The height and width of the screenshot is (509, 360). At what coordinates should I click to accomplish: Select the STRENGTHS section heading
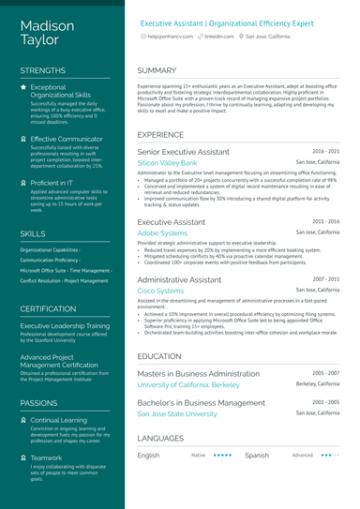(42, 70)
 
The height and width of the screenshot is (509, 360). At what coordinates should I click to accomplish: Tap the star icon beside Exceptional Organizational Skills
(23, 87)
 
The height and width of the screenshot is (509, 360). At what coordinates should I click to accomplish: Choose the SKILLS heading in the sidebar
(32, 233)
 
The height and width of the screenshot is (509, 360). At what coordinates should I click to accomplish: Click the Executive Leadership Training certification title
(67, 325)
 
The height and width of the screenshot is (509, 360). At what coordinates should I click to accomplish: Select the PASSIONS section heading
(38, 402)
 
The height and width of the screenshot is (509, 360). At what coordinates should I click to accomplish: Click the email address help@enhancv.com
(170, 35)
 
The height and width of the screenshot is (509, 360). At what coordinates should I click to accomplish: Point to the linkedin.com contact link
(218, 35)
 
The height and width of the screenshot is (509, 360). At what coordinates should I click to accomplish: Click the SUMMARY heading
(157, 70)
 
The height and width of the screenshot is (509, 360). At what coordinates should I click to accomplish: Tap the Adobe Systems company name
(161, 232)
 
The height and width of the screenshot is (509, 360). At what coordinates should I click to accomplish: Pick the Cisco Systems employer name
(160, 291)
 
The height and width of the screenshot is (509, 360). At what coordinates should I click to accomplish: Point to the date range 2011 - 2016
(326, 221)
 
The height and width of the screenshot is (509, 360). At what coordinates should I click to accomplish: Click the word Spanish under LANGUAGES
(256, 456)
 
